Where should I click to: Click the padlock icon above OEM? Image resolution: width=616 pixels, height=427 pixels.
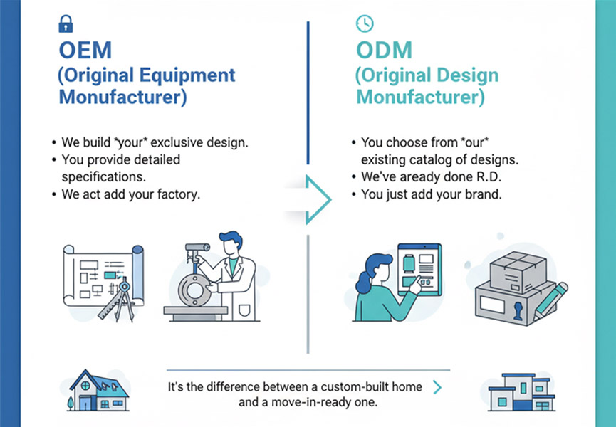pyautogui.click(x=65, y=25)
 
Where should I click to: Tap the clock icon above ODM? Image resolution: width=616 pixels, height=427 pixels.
pyautogui.click(x=364, y=24)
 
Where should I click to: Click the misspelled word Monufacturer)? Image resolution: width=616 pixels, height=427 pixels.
pyautogui.click(x=122, y=97)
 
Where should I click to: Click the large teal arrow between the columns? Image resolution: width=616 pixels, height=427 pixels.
pyautogui.click(x=318, y=199)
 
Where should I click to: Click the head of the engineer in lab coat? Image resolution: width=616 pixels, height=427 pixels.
pyautogui.click(x=229, y=246)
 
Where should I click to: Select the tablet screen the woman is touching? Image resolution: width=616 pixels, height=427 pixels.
pyautogui.click(x=419, y=270)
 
